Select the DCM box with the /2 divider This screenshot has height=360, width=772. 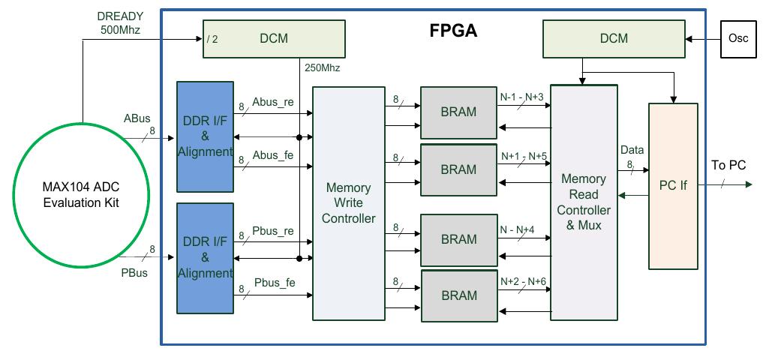point(275,38)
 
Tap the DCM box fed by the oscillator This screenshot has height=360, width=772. point(614,38)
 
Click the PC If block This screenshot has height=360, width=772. point(673,185)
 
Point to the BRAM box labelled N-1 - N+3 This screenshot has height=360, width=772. point(458,112)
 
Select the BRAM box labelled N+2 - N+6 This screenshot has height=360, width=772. point(458,295)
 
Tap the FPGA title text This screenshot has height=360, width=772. point(453,31)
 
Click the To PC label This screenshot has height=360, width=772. point(728,165)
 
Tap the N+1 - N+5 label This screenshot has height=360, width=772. point(524,157)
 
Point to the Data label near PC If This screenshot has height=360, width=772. point(632,150)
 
